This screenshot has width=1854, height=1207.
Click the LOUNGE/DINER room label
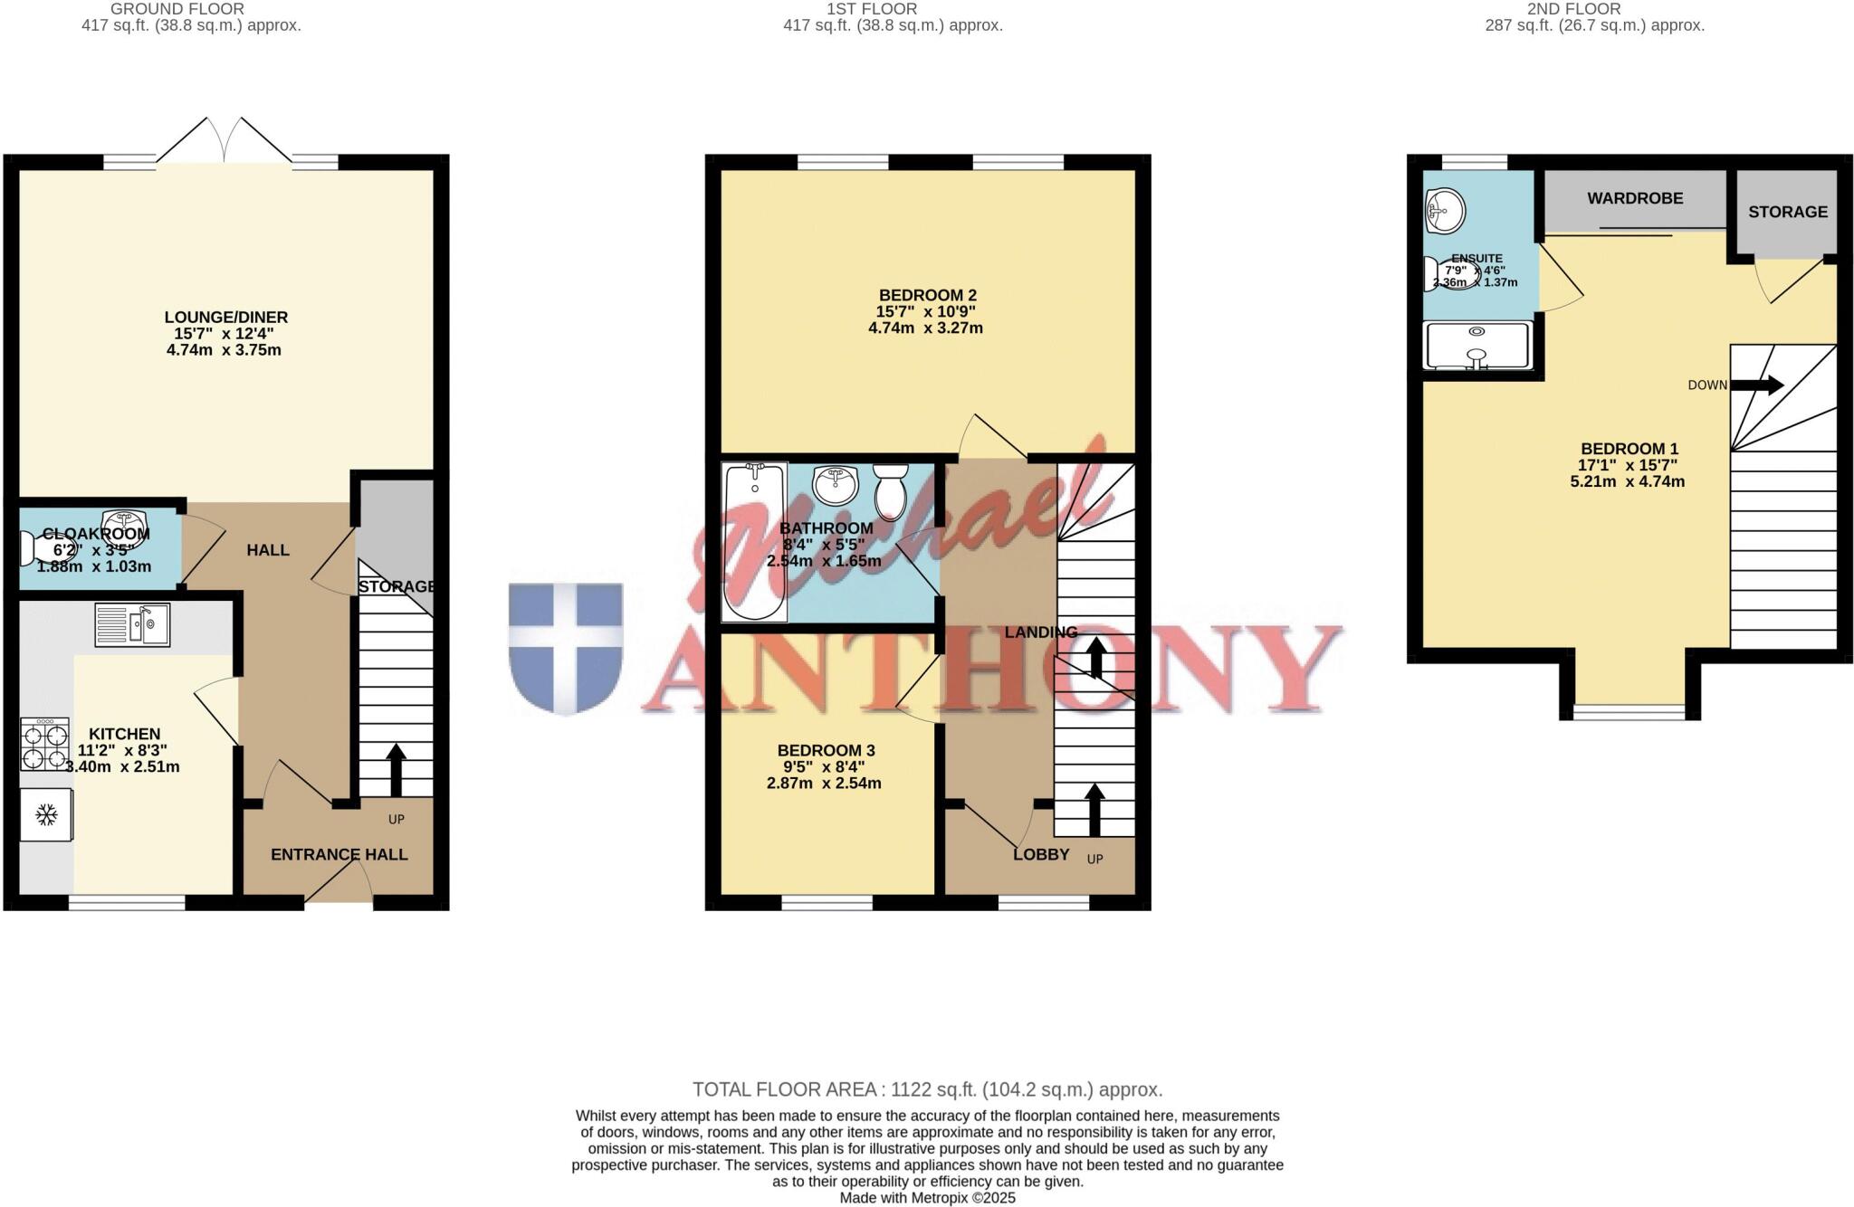[x=226, y=317]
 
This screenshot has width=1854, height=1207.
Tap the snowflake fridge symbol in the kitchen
[x=46, y=815]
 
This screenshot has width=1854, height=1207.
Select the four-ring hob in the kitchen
[x=45, y=744]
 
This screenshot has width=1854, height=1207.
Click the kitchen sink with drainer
[x=132, y=624]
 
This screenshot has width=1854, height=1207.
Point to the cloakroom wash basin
[x=125, y=523]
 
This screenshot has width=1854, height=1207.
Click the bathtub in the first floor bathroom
[x=754, y=543]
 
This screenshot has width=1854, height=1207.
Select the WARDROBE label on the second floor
[x=1635, y=198]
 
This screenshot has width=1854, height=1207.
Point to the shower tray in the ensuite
[x=1477, y=346]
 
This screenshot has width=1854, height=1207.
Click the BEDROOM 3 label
[x=826, y=750]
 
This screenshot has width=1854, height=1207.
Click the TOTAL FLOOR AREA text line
[x=927, y=1089]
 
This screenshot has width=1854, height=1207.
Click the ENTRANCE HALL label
[x=339, y=854]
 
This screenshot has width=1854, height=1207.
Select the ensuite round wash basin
[x=1446, y=211]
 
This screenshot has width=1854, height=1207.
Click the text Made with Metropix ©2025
[x=927, y=1198]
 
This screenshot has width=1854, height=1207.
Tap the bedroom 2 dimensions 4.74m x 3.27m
[x=925, y=328]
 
